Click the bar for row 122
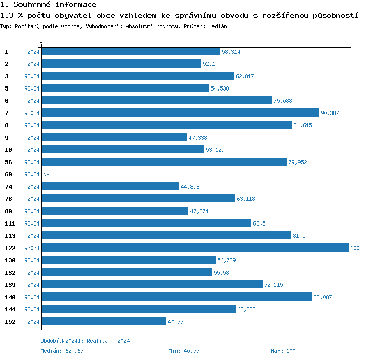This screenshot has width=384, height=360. (x=195, y=248)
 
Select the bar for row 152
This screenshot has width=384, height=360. (x=104, y=322)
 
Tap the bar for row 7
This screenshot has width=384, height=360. (x=180, y=113)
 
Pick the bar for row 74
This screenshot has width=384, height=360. (x=111, y=187)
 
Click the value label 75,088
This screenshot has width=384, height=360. (x=283, y=101)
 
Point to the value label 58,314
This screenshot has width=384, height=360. (x=231, y=52)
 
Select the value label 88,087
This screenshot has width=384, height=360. (x=323, y=297)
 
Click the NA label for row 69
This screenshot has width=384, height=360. (x=46, y=174)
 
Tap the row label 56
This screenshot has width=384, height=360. (x=8, y=162)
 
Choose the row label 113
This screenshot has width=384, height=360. (x=10, y=236)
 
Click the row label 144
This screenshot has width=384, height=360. (x=10, y=309)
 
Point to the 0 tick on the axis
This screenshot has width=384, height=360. (x=41, y=42)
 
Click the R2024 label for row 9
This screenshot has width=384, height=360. (x=32, y=138)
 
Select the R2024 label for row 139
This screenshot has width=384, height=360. (x=32, y=285)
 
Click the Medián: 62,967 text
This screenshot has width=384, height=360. (x=62, y=351)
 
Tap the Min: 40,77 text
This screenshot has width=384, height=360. (x=184, y=351)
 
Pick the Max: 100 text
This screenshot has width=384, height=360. (x=283, y=351)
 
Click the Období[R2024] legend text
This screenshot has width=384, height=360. (x=62, y=341)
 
